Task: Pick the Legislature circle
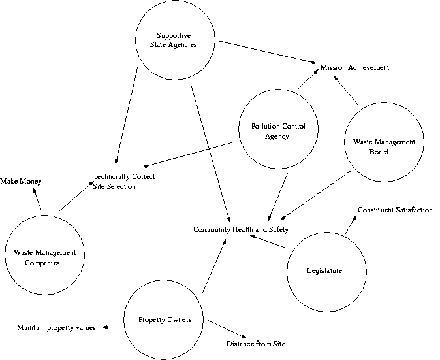[x=324, y=270]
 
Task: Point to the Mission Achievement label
[x=354, y=67]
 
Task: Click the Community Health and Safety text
[x=240, y=229]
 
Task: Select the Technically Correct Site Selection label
[x=123, y=181]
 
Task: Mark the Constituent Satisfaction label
[x=394, y=210]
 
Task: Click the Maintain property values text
[x=56, y=327]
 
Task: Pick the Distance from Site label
[x=256, y=344]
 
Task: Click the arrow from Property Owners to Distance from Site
[x=225, y=328]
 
